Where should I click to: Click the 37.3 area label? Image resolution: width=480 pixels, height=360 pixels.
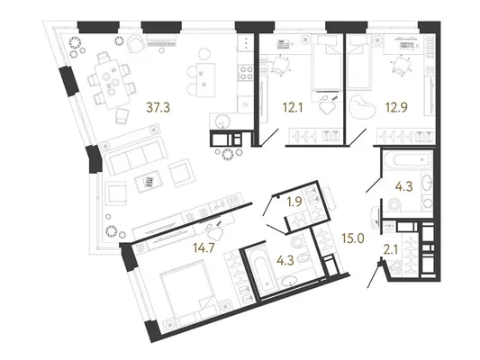coord(158,108)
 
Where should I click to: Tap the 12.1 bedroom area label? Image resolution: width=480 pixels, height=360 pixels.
coord(293,108)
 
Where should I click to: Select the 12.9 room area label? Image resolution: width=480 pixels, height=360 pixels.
coord(396,108)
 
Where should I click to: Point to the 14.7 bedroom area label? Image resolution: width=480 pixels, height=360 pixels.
coord(204,247)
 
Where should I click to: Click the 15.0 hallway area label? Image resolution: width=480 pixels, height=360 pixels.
coord(353,238)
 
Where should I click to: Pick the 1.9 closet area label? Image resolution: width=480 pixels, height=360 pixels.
coord(294,202)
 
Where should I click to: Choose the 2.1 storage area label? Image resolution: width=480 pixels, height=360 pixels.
coord(391,250)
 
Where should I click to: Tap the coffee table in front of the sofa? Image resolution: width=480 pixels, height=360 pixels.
coord(150,181)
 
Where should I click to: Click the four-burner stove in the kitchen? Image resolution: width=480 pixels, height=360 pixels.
coord(246,73)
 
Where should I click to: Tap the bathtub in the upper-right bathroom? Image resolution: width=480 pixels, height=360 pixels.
coord(407,159)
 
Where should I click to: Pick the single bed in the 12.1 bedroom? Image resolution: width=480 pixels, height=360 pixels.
coord(327,63)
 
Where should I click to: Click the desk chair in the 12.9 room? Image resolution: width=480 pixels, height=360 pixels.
coord(400,65)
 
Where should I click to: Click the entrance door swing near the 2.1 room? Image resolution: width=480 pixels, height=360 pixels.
coord(375,274)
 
